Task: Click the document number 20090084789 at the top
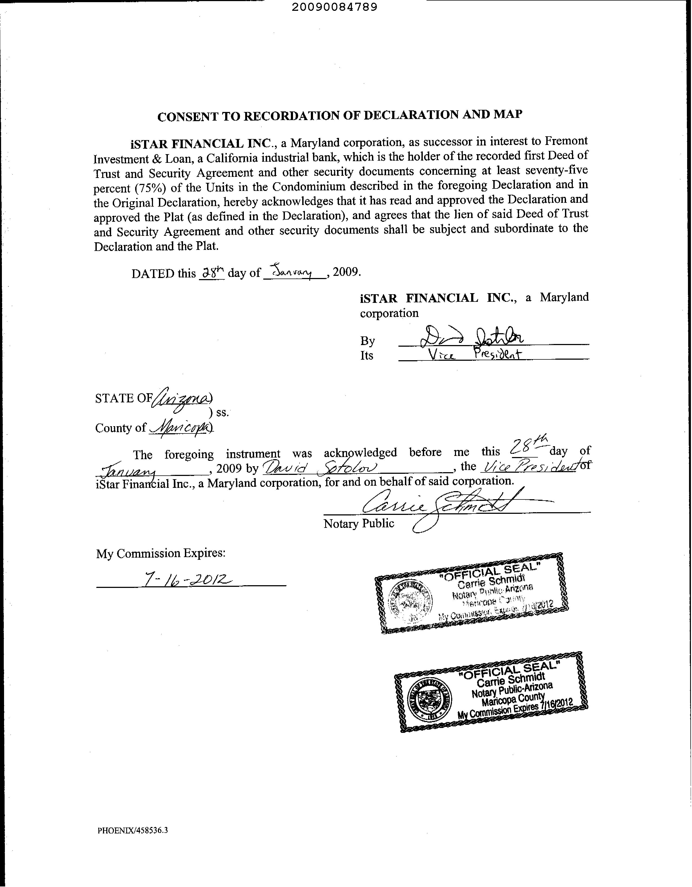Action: (334, 7)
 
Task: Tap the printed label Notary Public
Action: (359, 524)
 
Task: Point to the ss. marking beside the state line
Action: (222, 413)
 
